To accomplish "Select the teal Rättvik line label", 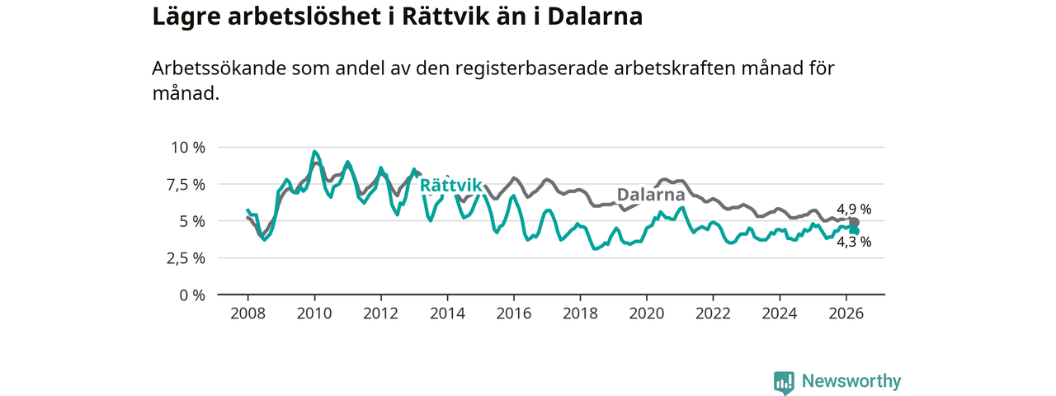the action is [450, 186].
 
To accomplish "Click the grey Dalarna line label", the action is [651, 194].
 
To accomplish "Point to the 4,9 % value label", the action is [854, 210].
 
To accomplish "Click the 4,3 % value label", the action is [854, 243].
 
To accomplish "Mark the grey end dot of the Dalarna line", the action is [854, 223].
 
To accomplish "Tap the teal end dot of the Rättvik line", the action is [854, 230].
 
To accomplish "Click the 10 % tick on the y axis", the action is [188, 148].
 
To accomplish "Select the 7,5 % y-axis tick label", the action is [186, 185].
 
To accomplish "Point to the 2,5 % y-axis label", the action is [186, 258].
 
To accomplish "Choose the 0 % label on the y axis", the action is [192, 295].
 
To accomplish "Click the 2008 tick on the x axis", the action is [248, 313].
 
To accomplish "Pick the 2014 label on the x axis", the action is [447, 313].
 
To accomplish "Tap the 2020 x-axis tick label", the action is [647, 313].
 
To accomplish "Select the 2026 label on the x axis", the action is [846, 313].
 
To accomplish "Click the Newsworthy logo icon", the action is [784, 382].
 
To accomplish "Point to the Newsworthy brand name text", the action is [851, 381].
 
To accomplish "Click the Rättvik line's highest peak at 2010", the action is [314, 152].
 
